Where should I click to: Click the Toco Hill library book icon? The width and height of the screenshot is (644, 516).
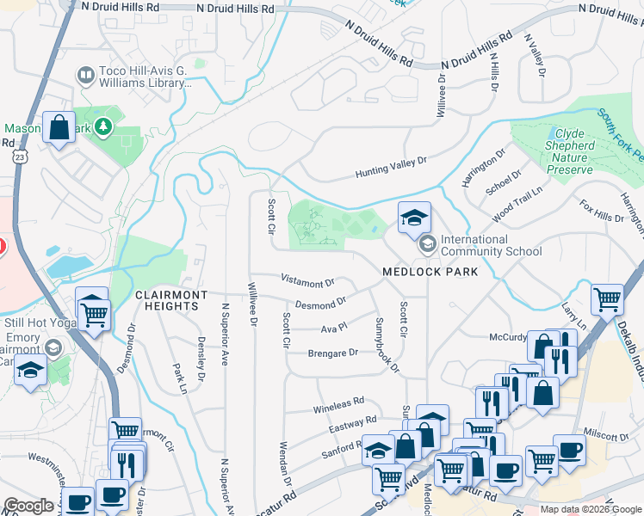pos(85,77)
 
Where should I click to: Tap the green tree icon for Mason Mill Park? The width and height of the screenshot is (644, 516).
pos(103,128)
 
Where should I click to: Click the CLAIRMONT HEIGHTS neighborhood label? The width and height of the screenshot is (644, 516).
pos(171,301)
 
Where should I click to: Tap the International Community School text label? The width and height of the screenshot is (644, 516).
pos(491,246)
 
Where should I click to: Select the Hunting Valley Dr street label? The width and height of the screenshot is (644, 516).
pos(392,168)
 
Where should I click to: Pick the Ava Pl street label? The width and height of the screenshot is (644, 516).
pos(333,328)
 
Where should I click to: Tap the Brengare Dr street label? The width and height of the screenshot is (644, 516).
pos(332,353)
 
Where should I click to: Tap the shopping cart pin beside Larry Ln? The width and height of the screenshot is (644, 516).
pos(608,300)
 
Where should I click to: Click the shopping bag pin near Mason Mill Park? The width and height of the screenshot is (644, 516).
pos(59,128)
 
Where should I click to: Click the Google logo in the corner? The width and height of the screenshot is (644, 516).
pos(28,506)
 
